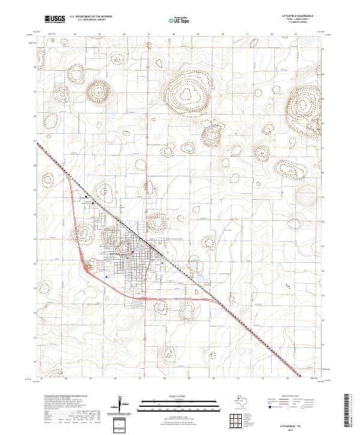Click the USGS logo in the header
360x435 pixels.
pyautogui.click(x=55, y=19)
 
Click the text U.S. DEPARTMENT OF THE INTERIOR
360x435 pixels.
pyautogui.click(x=91, y=17)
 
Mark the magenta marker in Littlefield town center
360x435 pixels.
pyautogui.click(x=133, y=251)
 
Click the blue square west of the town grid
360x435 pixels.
pyautogui.click(x=106, y=277)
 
